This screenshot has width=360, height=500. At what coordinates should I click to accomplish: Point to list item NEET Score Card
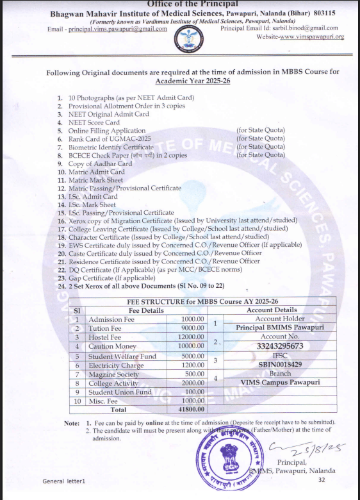click(x=94, y=122)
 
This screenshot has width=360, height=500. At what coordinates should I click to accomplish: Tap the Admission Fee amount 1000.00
click(x=192, y=319)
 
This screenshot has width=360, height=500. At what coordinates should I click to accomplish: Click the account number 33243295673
click(x=272, y=346)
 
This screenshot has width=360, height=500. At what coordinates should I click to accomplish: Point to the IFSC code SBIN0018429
click(x=272, y=364)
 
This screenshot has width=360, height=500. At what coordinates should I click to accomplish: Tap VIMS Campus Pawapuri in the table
click(x=272, y=382)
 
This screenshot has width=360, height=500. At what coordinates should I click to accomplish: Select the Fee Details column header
click(x=126, y=310)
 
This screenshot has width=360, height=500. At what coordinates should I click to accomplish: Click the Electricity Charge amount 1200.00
click(x=192, y=365)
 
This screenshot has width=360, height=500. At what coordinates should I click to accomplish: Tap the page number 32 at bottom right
click(x=322, y=480)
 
